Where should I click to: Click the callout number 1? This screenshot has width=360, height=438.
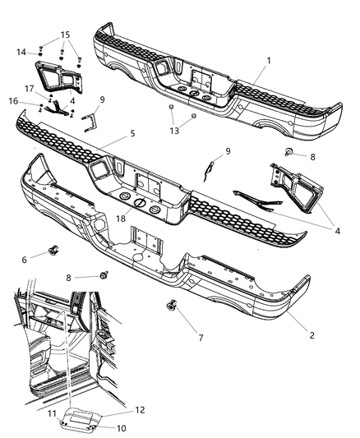[x=268, y=61]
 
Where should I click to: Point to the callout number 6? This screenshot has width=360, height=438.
[x=24, y=259]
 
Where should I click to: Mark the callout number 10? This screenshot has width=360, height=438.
[x=99, y=426]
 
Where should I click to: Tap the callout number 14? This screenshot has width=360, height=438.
[x=21, y=52]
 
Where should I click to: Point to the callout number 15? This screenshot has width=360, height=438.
[x=65, y=35]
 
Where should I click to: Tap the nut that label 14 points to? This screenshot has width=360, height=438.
[x=40, y=51]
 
